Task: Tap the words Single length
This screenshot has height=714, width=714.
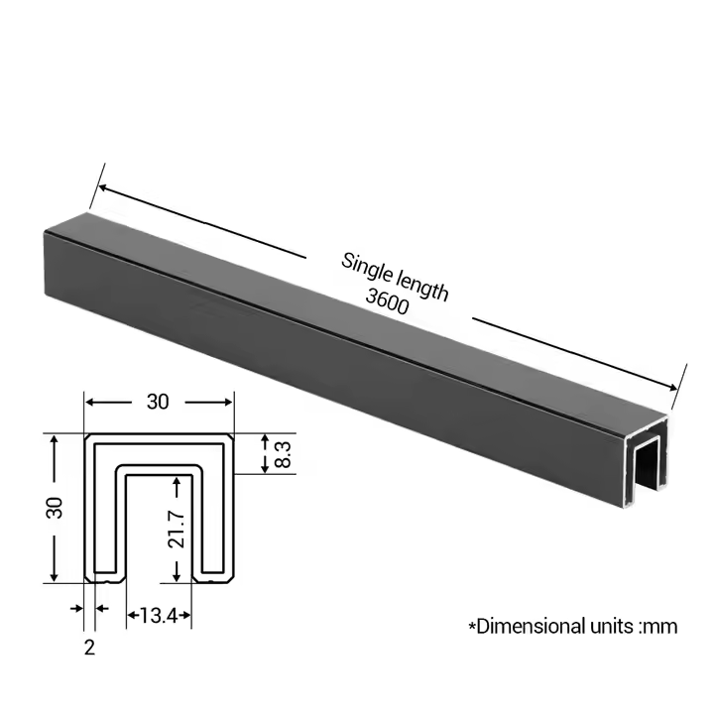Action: point(395,277)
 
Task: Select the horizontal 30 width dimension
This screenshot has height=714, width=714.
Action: point(158,402)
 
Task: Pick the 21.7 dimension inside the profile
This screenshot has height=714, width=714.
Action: point(177,526)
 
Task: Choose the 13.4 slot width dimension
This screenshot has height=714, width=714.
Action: point(158,617)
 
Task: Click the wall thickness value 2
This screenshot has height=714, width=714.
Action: point(89,648)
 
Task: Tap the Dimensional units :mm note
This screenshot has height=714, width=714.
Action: point(572,626)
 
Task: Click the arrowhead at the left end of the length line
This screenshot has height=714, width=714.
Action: point(99,187)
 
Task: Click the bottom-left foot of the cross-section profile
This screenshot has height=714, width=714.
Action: point(102,576)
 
